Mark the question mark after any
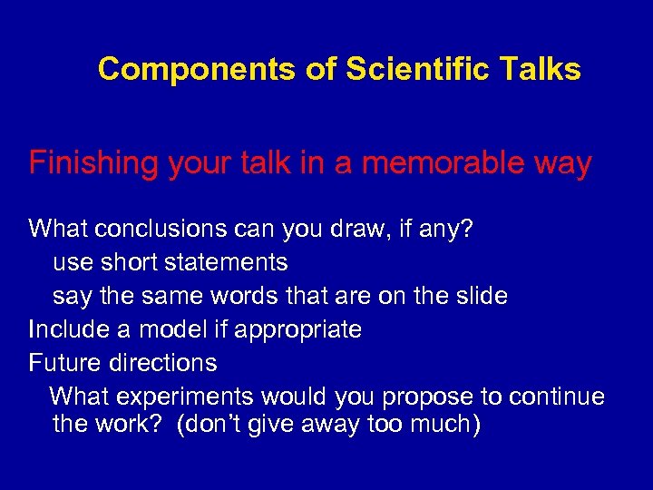click(x=465, y=228)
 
